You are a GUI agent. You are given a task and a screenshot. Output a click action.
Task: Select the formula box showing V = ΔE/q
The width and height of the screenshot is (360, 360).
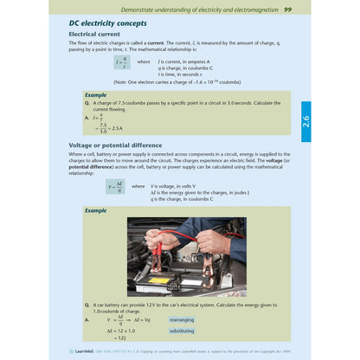(x=116, y=186)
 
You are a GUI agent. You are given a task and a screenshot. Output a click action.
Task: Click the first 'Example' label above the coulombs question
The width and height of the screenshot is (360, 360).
(x=96, y=93)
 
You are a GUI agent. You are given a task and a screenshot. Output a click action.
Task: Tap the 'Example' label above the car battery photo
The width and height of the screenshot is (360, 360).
(x=96, y=210)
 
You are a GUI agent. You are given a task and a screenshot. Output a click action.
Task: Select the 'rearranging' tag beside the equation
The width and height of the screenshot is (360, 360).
(x=183, y=318)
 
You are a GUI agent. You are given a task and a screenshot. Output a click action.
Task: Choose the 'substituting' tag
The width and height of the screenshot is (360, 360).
(x=183, y=331)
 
